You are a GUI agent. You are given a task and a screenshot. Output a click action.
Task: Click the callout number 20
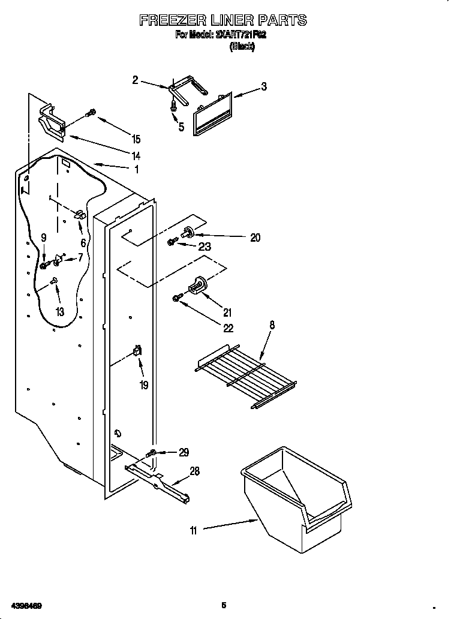click(255, 238)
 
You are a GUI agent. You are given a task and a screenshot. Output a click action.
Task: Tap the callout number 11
click(193, 530)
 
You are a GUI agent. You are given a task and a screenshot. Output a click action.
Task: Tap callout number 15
click(136, 139)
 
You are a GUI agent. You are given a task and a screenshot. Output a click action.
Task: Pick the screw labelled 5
click(173, 107)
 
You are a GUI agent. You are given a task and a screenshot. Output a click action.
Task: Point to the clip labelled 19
click(138, 351)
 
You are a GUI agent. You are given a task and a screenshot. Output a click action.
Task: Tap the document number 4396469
click(25, 606)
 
